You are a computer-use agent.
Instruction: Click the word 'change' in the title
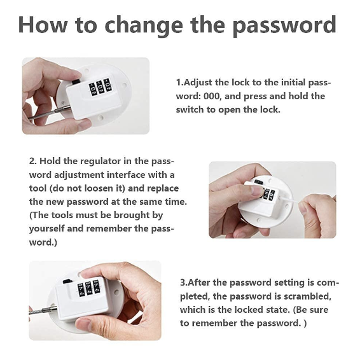click(144, 25)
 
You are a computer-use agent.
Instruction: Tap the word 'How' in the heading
click(43, 24)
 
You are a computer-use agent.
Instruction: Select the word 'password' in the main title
click(284, 25)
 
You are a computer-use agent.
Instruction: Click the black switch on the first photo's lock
click(76, 82)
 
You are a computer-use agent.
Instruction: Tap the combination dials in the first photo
click(100, 87)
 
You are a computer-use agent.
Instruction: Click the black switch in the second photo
click(259, 183)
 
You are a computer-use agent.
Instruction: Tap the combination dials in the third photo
click(88, 287)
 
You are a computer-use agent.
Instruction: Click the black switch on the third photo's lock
click(67, 282)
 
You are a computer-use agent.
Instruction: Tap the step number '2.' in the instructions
click(33, 161)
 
